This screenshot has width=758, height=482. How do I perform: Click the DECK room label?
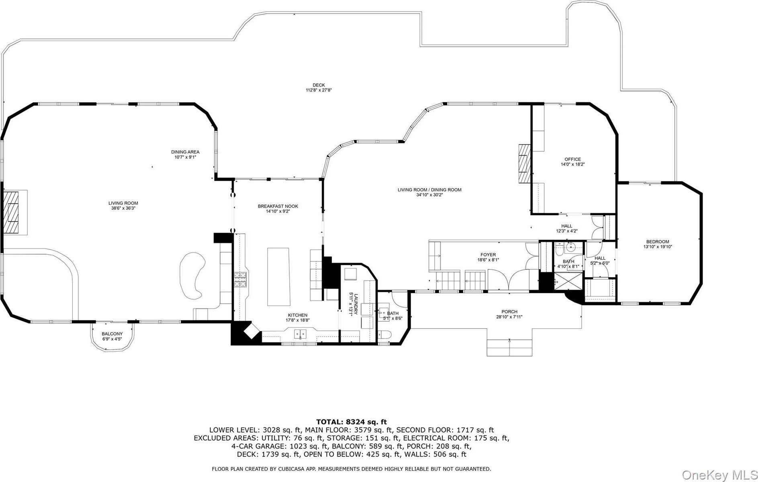point(319,85)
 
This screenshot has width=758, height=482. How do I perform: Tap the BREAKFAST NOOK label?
point(278,206)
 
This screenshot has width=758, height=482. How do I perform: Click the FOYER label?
point(488,255)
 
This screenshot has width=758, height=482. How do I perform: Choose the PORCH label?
point(509,312)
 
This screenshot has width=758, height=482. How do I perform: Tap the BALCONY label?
point(112,334)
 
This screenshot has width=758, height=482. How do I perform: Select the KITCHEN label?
point(297,315)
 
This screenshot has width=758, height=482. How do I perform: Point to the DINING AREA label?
point(185,152)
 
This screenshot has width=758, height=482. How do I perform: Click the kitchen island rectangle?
point(279,277)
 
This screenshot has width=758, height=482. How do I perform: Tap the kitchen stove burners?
point(240,280)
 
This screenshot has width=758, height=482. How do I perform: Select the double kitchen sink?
point(300,333)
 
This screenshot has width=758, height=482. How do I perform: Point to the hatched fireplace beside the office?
point(524,163)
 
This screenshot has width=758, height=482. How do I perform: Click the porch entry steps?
point(509,347)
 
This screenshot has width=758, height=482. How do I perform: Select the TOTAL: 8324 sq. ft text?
point(351,422)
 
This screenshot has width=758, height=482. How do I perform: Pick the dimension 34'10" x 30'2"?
point(429,195)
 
